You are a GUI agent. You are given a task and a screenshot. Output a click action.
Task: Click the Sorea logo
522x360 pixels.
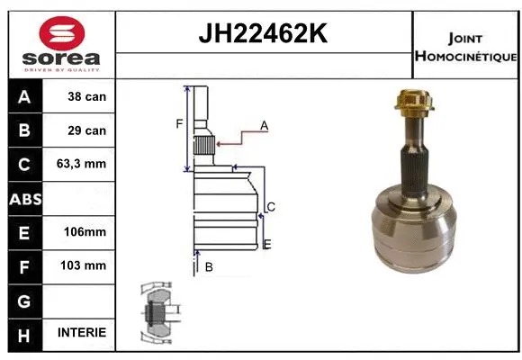click(x=60, y=44)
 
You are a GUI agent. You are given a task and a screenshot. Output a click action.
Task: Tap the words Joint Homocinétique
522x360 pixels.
click(x=465, y=47)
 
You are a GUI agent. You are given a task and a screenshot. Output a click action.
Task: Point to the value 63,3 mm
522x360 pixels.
click(x=82, y=165)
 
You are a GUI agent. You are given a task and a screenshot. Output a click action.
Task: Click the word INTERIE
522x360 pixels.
click(x=82, y=332)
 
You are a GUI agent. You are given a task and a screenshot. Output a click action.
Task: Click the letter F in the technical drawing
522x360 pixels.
click(x=179, y=123)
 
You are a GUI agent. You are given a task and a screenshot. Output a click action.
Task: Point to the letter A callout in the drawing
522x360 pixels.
click(x=265, y=126)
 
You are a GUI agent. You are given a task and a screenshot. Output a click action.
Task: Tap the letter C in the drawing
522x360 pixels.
click(x=270, y=207)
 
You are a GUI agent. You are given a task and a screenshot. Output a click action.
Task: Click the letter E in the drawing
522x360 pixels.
click(x=267, y=244)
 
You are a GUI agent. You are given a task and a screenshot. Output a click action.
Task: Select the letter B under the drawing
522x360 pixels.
click(x=208, y=267)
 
